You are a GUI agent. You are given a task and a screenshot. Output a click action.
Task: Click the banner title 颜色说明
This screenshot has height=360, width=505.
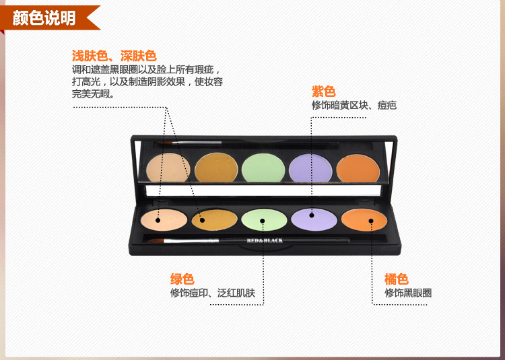tap(44, 17)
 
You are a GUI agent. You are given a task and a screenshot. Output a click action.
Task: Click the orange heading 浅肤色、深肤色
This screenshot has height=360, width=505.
tap(114, 56)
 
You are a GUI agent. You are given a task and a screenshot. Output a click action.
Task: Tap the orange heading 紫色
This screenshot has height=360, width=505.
tap(323, 92)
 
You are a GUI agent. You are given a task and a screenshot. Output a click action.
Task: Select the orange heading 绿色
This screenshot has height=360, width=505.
tap(182, 279)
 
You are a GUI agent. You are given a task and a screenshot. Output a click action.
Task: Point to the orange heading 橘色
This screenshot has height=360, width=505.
tap(397, 279)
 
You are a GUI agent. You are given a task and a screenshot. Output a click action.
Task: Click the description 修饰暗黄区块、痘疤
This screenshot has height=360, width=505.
tap(354, 105)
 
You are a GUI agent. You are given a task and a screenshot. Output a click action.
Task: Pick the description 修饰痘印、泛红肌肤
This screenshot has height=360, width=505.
tap(213, 293)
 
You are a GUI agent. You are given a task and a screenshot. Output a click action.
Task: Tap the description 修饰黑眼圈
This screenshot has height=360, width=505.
tap(408, 293)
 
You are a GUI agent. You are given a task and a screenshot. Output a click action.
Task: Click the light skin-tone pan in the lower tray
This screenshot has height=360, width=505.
tap(164, 220)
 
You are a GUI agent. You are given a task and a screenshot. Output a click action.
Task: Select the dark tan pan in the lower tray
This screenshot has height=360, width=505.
tap(215, 220)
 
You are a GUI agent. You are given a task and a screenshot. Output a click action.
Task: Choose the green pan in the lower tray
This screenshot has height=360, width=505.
tap(264, 220)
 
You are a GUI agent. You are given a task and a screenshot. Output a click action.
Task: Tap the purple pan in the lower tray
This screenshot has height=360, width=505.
tap(314, 219)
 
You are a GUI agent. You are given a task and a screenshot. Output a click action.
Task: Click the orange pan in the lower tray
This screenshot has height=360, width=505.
tap(364, 220)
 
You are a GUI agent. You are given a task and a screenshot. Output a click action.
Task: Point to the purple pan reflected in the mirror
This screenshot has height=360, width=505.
tap(310, 168)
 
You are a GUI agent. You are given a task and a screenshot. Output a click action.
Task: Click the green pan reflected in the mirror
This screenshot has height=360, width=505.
tap(263, 168)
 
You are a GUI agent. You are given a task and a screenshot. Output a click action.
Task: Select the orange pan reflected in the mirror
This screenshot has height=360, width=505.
tap(358, 168)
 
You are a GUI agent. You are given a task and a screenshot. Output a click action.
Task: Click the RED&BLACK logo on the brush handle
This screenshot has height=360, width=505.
tap(265, 240)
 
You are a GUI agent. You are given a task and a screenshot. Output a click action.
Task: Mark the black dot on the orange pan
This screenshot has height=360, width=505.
tap(371, 221)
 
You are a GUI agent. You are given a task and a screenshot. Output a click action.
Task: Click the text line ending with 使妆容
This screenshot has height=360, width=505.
tap(147, 81)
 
